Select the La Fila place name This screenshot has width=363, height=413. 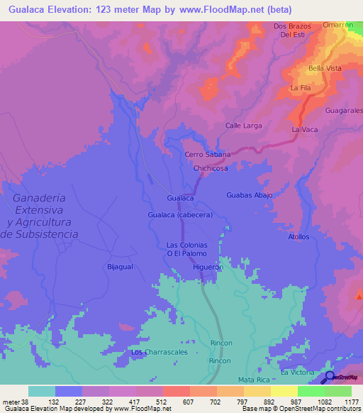point(301,87)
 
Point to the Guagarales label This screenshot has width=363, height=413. point(344,111)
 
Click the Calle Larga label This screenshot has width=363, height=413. point(244,126)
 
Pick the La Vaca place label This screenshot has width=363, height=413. point(304,130)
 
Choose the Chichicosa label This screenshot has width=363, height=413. point(211,169)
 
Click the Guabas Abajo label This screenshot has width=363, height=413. point(249,194)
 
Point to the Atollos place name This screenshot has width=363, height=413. point(298,236)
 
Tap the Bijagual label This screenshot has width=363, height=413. point(119,267)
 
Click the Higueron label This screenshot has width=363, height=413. point(208,268)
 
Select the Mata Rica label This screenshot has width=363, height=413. point(255,380)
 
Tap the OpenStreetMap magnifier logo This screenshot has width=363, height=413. point(329,378)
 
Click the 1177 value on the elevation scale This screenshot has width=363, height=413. point(352,401)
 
